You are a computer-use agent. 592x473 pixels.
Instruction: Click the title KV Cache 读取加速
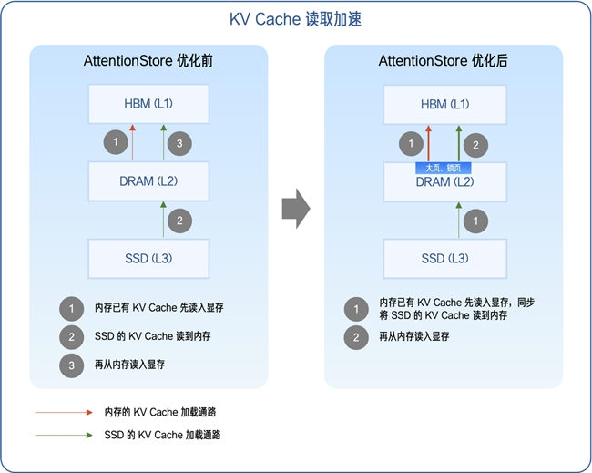coord(296,19)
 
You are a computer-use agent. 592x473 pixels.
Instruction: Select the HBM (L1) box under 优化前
coord(148,104)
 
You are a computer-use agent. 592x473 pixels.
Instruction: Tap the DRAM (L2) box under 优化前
coord(148,181)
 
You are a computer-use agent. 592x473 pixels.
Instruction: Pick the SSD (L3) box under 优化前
coord(148,259)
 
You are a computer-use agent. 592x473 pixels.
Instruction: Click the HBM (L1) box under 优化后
coord(445,104)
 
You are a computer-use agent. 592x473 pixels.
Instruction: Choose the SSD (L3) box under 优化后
coord(445,259)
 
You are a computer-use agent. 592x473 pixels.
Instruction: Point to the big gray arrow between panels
coord(295,210)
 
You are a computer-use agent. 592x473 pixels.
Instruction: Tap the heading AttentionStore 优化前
coord(148,62)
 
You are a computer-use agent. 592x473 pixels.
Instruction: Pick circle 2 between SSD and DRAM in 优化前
coord(180,220)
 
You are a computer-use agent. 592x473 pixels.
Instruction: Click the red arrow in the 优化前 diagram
coord(133,143)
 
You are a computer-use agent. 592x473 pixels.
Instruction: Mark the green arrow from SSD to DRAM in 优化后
coord(460,221)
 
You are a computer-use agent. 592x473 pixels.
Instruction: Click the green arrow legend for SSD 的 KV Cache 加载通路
coord(64,436)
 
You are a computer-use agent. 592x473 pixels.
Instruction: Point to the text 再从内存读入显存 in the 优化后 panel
coord(414,336)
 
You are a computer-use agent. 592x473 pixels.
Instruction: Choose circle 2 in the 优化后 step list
coord(356,336)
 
